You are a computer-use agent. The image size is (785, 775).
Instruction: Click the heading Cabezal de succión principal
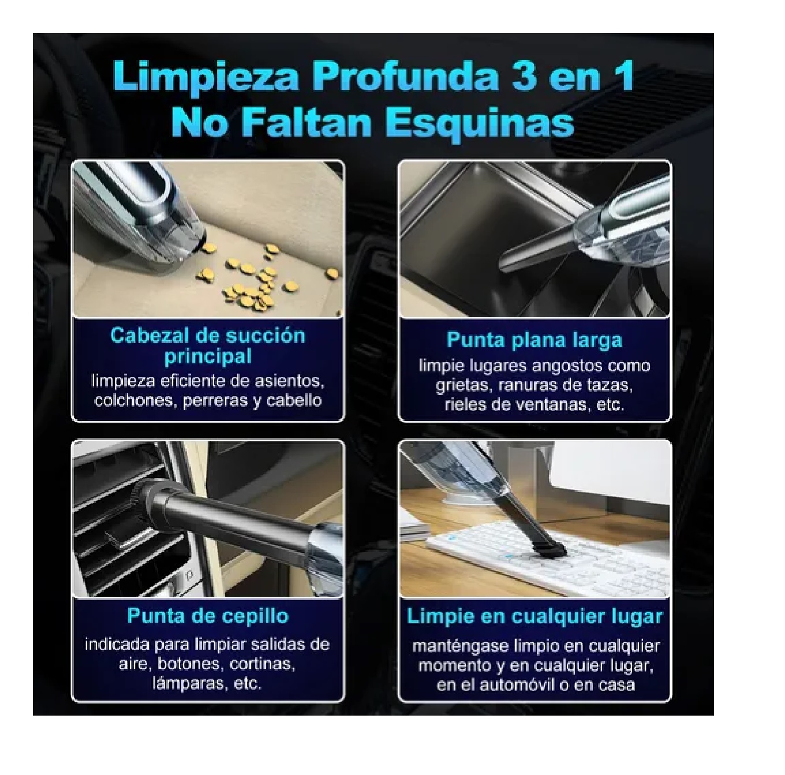208,345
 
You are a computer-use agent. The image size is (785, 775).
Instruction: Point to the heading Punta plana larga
534,340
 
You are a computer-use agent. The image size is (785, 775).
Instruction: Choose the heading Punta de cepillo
208,615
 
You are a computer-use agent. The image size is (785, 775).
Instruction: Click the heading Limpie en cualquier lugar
534,615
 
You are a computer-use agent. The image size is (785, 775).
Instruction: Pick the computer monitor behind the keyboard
612,490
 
